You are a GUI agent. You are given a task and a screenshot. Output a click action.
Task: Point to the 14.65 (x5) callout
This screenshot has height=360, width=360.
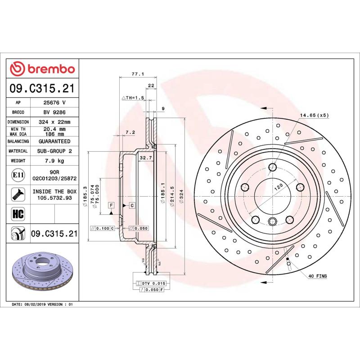point(315,116)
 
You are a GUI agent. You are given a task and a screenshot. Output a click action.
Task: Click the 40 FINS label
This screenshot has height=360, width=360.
point(318,275)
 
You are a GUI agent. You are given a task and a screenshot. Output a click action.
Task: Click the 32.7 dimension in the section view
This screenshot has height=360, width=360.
point(145,158)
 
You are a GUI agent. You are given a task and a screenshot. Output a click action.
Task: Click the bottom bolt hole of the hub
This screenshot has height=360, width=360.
point(273,221)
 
